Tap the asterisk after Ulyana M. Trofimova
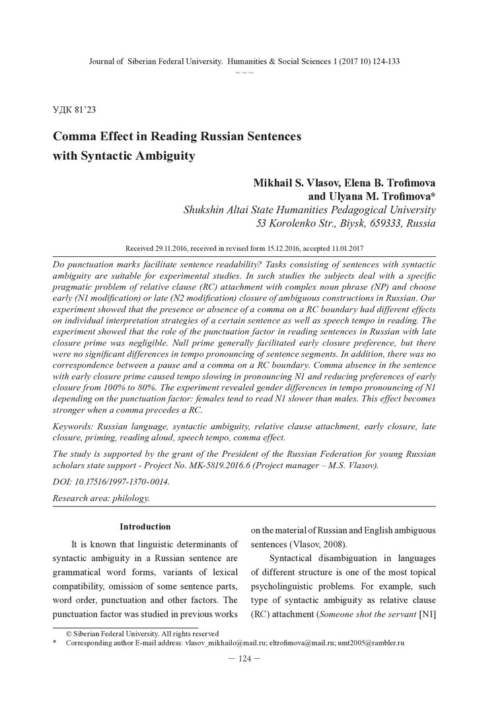click(x=432, y=196)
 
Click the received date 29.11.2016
click(x=182, y=249)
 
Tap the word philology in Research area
click(x=131, y=497)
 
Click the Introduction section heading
click(x=145, y=527)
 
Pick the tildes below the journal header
click(x=244, y=71)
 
